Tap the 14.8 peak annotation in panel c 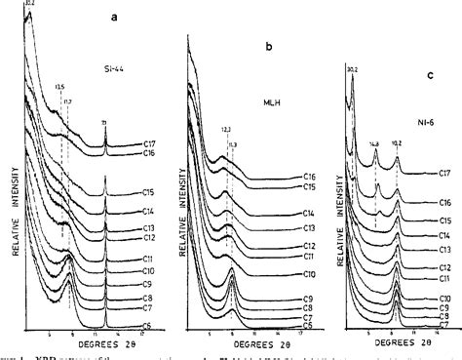pos(374,143)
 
